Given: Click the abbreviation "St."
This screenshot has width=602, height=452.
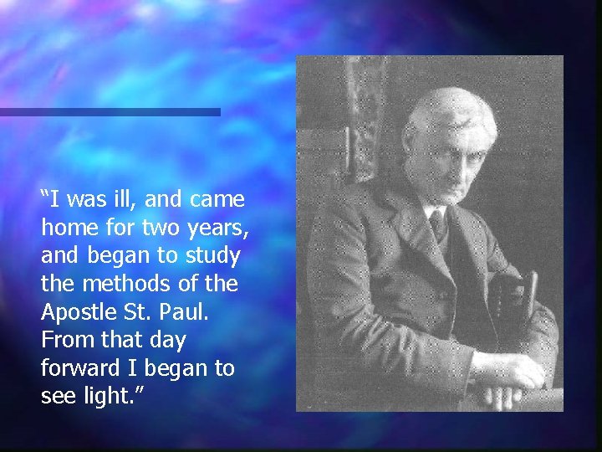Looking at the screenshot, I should coord(134,312).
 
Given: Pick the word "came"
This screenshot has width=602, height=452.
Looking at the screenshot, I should coord(217,200).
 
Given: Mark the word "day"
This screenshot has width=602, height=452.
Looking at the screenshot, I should coord(166,340).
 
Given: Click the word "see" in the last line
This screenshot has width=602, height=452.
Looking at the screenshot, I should coord(56,396).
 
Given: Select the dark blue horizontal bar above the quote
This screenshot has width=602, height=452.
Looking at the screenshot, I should coord(109,111).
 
